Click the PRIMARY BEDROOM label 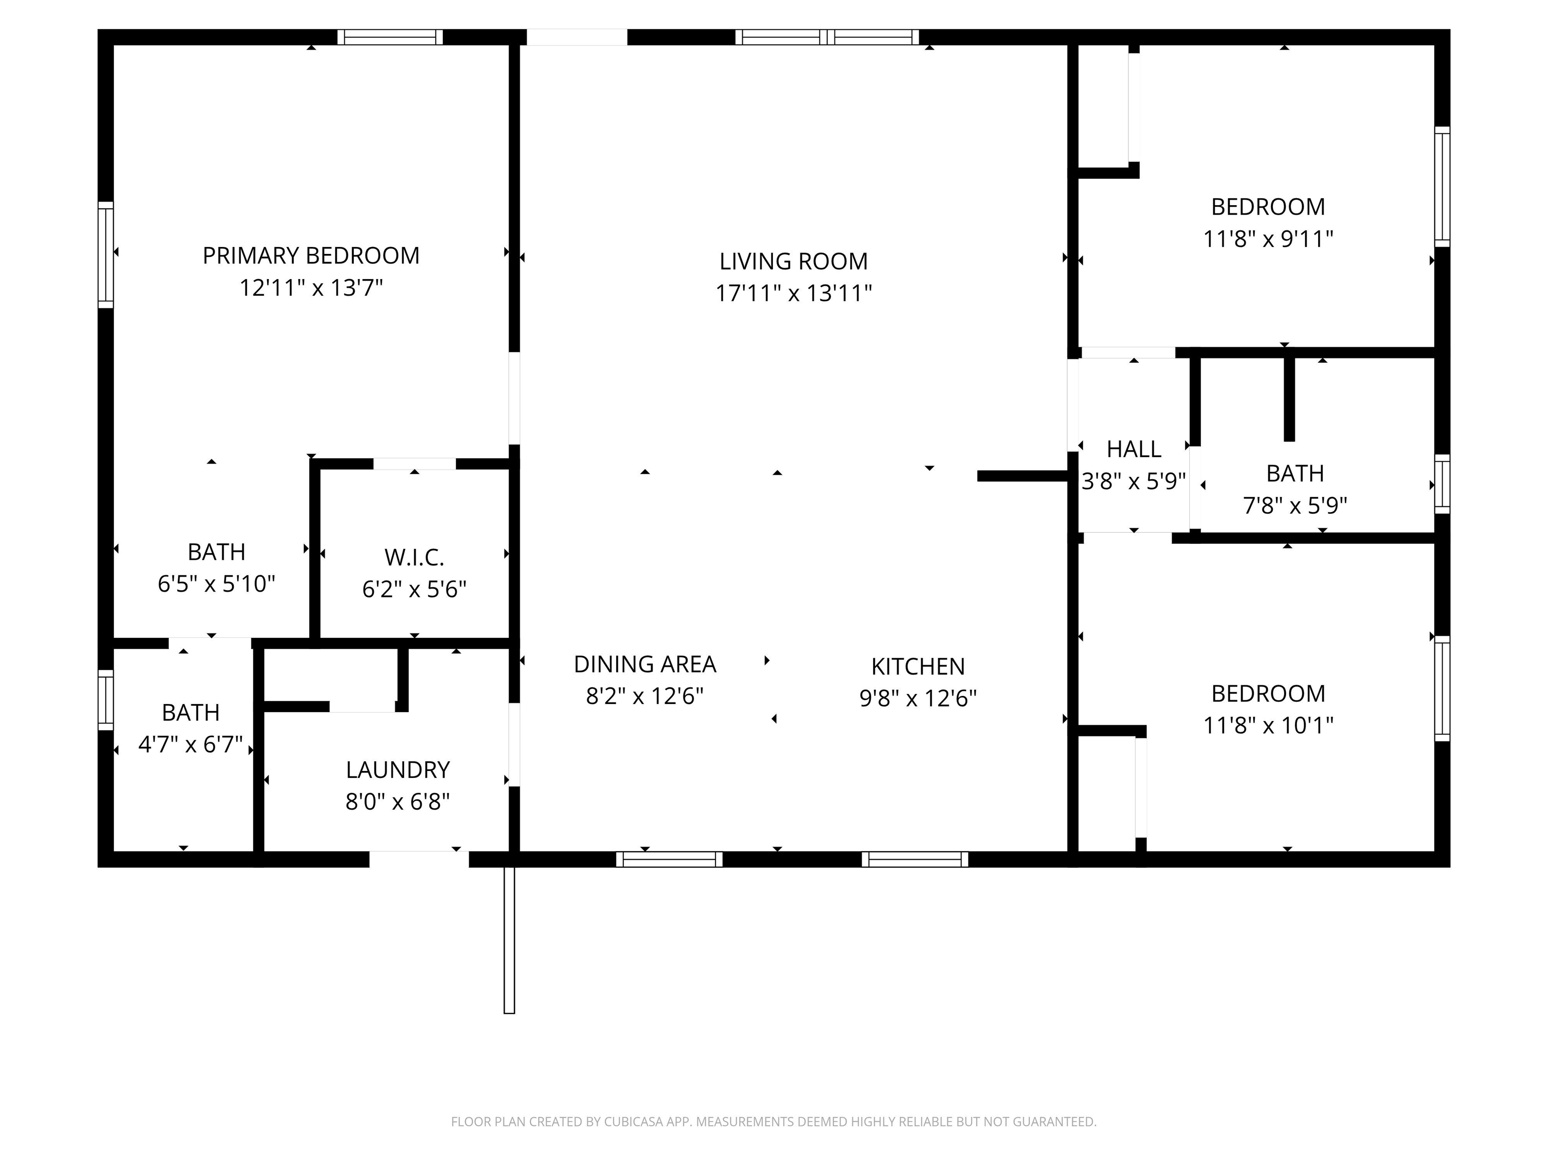(x=311, y=255)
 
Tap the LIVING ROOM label (x=794, y=261)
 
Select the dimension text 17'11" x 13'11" (x=794, y=293)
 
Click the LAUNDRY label (x=398, y=770)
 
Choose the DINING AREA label (x=644, y=664)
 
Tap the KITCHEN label (x=918, y=666)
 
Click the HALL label (x=1134, y=448)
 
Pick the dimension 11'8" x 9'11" (x=1268, y=239)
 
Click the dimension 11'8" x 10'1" (x=1268, y=726)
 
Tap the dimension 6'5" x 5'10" (x=216, y=584)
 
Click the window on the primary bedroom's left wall (x=106, y=255)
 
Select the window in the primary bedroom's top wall (x=390, y=37)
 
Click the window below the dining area (x=669, y=859)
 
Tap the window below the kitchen (x=916, y=859)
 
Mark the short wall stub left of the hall (x=1023, y=476)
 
